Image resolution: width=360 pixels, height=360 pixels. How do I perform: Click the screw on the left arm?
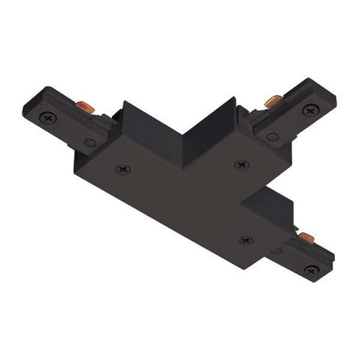(x=46, y=116)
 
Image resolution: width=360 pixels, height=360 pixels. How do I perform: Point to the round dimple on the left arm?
(x=90, y=143)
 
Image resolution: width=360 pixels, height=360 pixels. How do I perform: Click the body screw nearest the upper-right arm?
(x=240, y=164)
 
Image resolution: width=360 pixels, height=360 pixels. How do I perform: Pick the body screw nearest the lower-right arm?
(x=245, y=240)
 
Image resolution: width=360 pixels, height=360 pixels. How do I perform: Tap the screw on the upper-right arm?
(x=311, y=110)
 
